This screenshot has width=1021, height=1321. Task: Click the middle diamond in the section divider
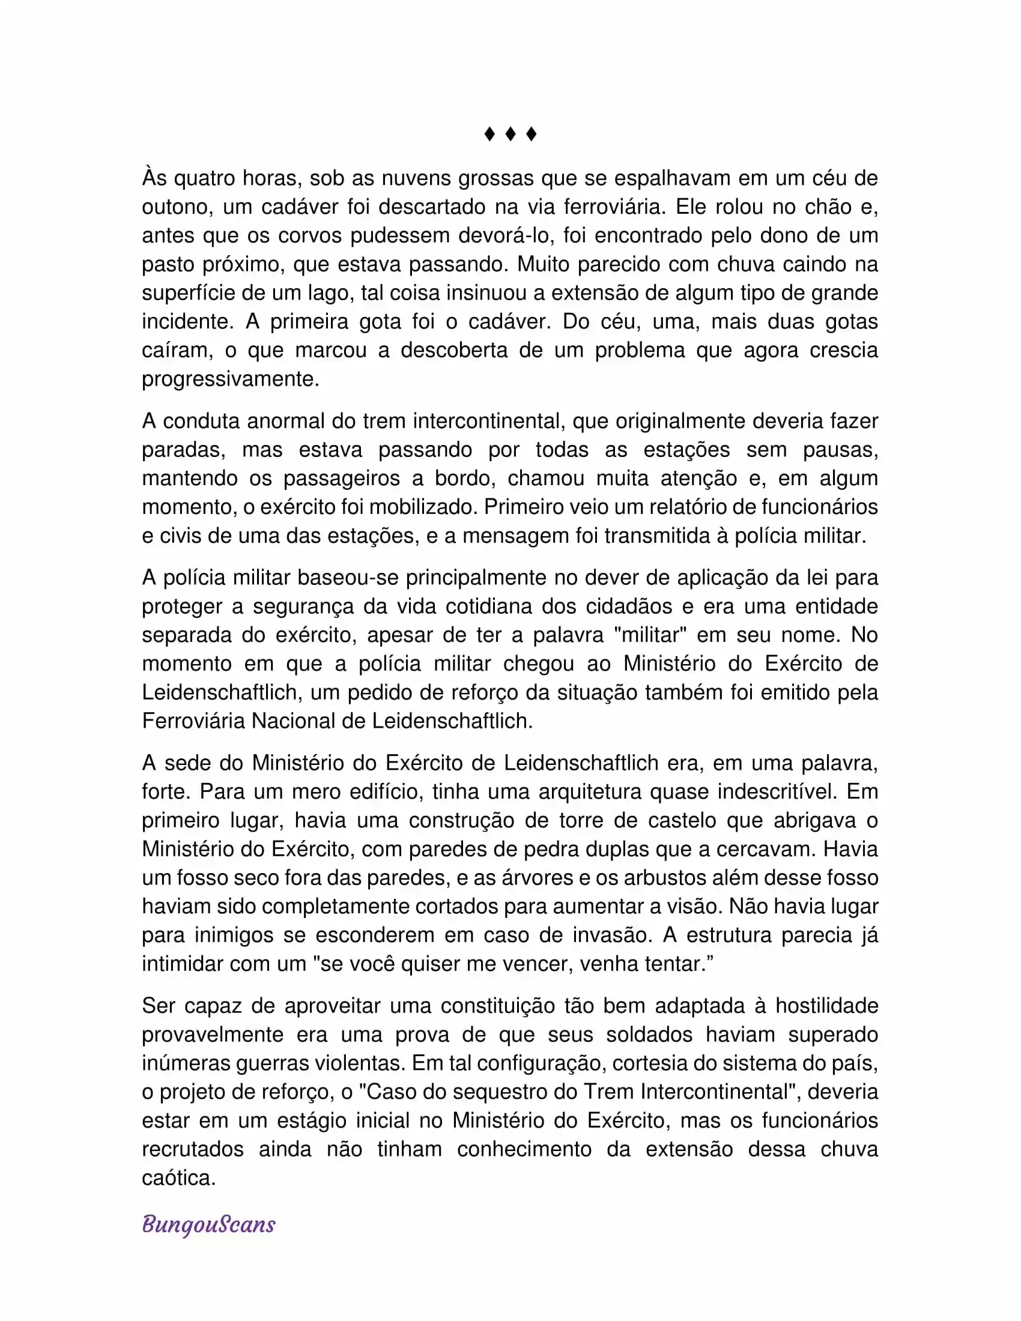coord(510,134)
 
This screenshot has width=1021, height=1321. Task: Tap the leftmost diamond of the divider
coord(489,134)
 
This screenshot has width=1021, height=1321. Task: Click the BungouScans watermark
coord(208,1224)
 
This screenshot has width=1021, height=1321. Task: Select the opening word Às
coord(154,178)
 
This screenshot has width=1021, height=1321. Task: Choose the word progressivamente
coord(231,379)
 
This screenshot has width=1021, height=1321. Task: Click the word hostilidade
coord(826,1006)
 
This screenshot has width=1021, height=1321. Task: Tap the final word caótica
coord(178,1177)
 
